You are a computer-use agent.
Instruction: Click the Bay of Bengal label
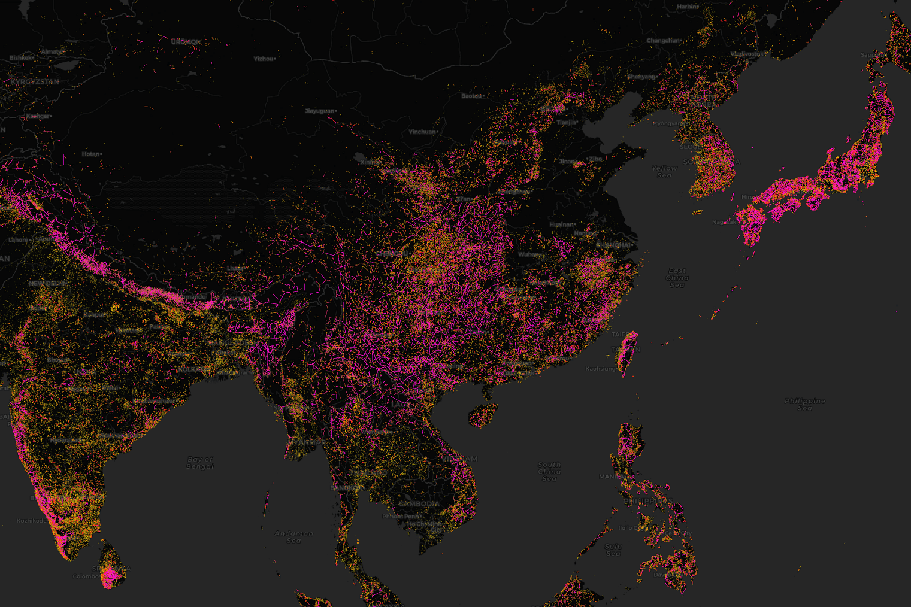coord(200,463)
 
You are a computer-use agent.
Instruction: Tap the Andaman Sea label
coord(293,536)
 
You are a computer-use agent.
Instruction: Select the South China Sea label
coord(549,471)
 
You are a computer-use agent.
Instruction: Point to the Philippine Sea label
coord(804,404)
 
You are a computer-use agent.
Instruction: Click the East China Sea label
coord(677,278)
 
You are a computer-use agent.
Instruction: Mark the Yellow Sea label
coord(664,172)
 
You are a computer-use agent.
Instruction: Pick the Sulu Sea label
coord(613,550)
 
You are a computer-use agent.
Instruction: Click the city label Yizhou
coord(264,59)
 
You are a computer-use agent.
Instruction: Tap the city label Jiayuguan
coord(320,111)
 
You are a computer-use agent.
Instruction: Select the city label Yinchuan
coord(422,132)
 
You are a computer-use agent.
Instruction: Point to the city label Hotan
coord(91,154)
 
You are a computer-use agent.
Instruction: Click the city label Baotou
coord(471,96)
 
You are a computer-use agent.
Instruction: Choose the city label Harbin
coord(687,7)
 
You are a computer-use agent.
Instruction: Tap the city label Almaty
coord(51,52)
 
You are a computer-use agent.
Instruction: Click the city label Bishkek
coord(20,58)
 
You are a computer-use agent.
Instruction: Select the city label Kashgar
coord(38,116)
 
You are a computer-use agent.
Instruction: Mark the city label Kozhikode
coord(32,520)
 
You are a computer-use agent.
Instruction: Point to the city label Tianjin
coord(566,122)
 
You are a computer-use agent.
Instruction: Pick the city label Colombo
coord(85,576)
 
